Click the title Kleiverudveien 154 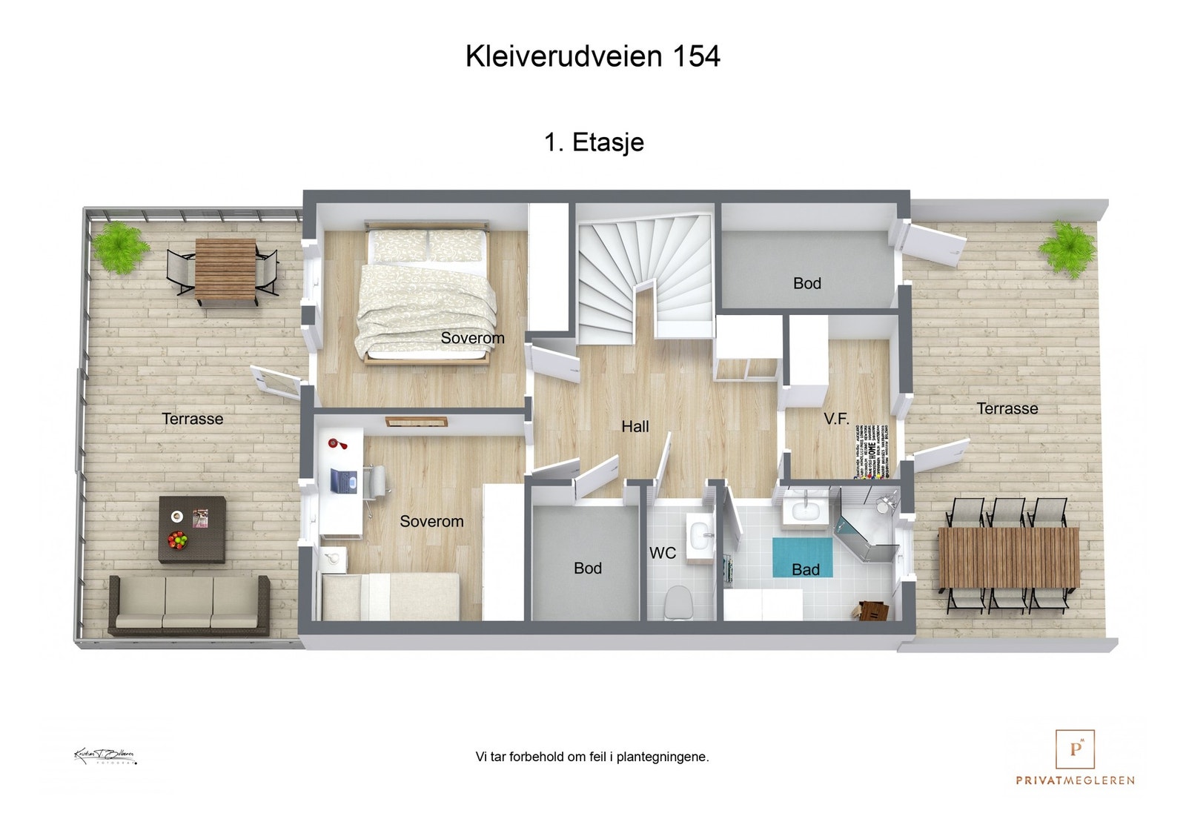[x=592, y=57]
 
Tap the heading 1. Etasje [x=594, y=142]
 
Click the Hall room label [x=635, y=427]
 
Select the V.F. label [x=836, y=419]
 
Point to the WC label [x=662, y=553]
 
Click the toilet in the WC [x=678, y=602]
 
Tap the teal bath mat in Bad [x=802, y=557]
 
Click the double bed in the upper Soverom [x=426, y=296]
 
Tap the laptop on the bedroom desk [x=343, y=480]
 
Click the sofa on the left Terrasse [x=189, y=604]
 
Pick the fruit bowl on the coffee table [x=178, y=540]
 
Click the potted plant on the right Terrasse [x=1067, y=247]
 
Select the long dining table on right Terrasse [x=1008, y=557]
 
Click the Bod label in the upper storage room [x=806, y=284]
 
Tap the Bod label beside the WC [x=587, y=568]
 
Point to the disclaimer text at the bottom [x=592, y=757]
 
